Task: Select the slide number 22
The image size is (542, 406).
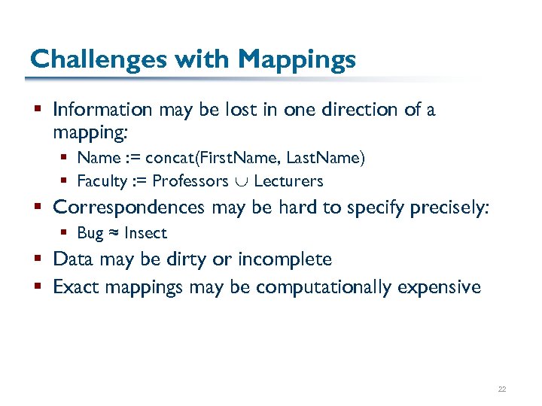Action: coord(501,389)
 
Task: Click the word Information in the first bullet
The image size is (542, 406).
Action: coord(102,110)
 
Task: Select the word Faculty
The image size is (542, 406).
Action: coord(102,181)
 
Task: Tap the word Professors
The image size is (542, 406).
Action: coord(190,181)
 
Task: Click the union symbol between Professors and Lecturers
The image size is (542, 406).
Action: coord(242,182)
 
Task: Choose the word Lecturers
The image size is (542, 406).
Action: coord(288,181)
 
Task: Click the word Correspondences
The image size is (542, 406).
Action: coord(129,207)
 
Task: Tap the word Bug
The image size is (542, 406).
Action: coord(90,233)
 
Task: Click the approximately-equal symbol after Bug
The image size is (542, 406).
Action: coord(114,234)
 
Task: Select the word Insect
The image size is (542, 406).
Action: coord(145,233)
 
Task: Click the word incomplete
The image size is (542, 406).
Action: coord(285,260)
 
